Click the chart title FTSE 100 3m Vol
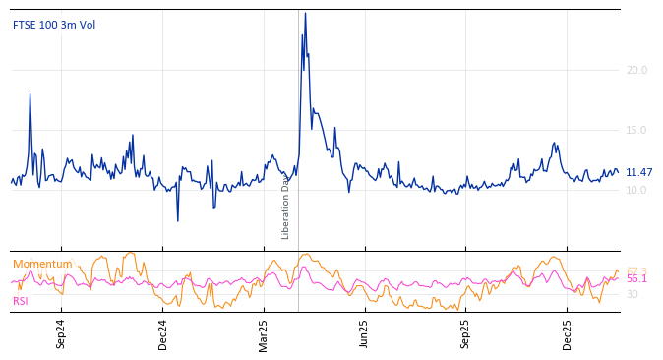point(54,26)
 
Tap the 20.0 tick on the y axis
point(636,70)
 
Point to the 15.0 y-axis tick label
point(636,130)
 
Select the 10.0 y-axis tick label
point(636,190)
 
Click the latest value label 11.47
point(638,173)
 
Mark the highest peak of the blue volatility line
point(305,14)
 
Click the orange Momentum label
point(42,265)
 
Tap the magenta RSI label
point(21,301)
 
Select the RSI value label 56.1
point(636,279)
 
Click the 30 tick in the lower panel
point(633,294)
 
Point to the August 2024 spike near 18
point(30,94)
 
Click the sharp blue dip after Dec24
point(178,220)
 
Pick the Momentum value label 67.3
point(636,271)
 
